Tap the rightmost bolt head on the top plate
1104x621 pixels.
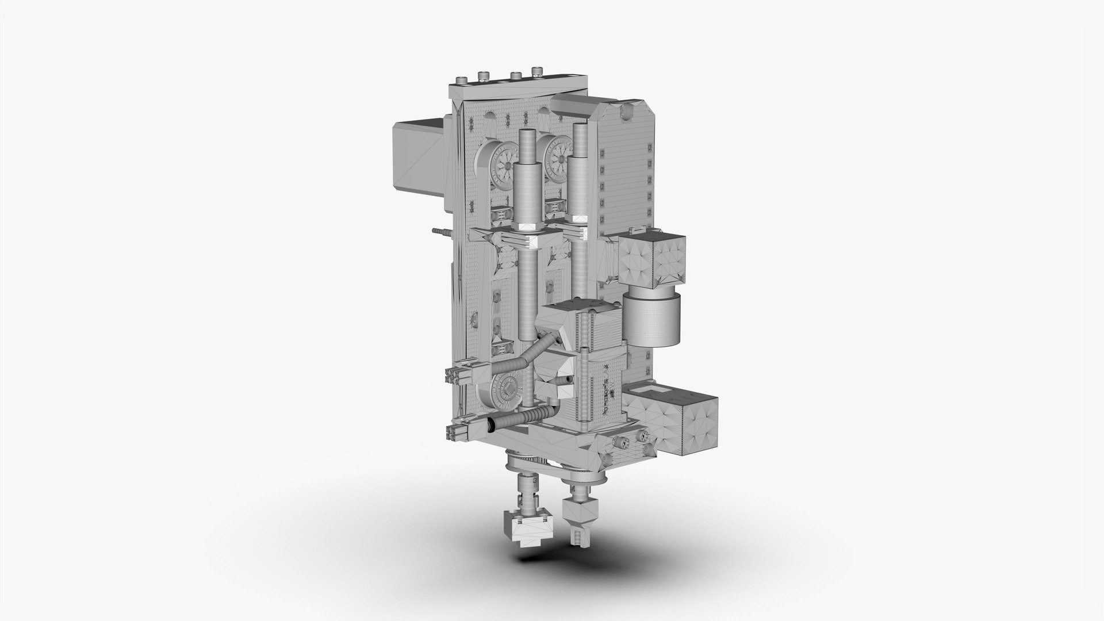538,72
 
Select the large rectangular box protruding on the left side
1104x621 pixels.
419,155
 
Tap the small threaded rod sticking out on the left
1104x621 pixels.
440,231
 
